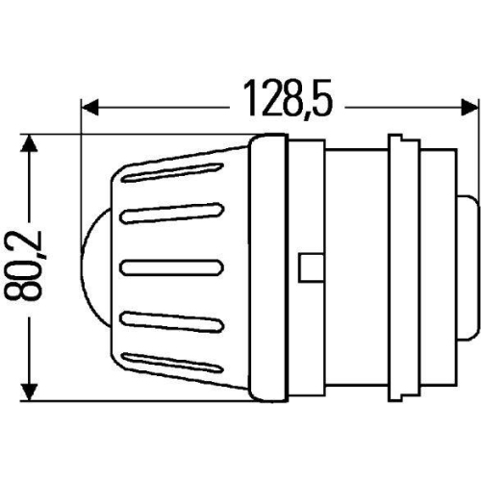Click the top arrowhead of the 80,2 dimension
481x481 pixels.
[x=33, y=145]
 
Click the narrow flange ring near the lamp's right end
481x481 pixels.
[x=399, y=266]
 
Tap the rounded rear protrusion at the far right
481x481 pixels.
[x=466, y=266]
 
